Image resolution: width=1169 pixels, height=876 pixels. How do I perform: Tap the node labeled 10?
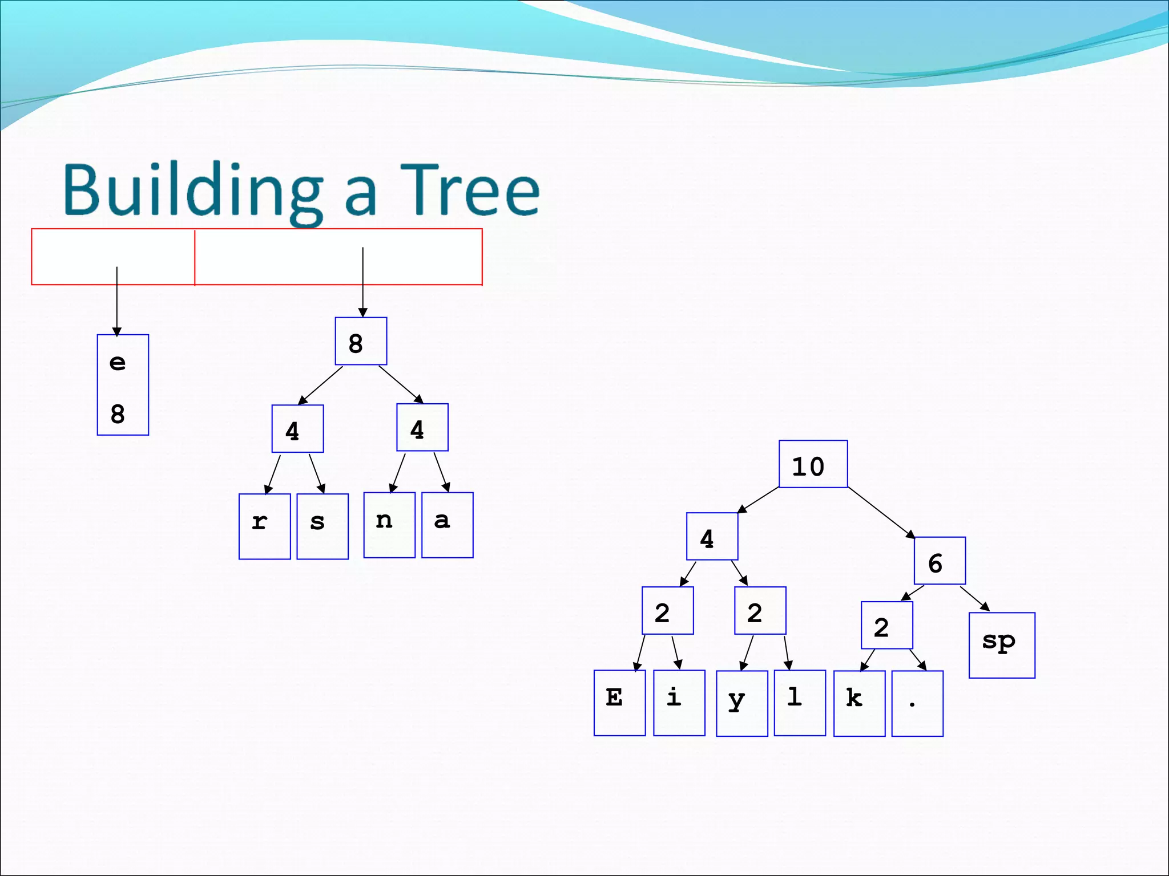813,464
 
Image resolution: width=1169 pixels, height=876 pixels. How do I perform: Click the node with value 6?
940,561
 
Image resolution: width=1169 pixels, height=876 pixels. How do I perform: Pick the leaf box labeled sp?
1002,645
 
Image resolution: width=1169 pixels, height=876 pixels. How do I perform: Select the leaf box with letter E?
619,703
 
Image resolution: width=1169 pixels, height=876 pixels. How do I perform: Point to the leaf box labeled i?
679,703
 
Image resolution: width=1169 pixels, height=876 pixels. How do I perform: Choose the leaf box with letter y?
741,703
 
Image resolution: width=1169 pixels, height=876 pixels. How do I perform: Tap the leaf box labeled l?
800,703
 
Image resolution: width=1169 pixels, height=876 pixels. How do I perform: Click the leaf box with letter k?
859,703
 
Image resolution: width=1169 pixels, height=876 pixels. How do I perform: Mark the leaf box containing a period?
917,703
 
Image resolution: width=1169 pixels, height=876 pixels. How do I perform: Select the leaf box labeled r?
264,526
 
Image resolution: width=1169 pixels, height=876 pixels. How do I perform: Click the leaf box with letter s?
323,526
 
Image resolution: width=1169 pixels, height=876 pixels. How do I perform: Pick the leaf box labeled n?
389,525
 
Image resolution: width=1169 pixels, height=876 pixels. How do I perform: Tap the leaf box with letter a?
448,525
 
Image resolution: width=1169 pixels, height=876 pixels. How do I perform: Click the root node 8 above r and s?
361,341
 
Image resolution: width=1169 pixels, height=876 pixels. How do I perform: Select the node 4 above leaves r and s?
297,429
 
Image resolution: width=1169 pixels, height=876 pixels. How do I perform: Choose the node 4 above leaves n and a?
422,427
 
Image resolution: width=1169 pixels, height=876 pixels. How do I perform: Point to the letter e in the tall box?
118,363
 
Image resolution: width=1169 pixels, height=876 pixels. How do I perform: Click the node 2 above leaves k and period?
886,625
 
